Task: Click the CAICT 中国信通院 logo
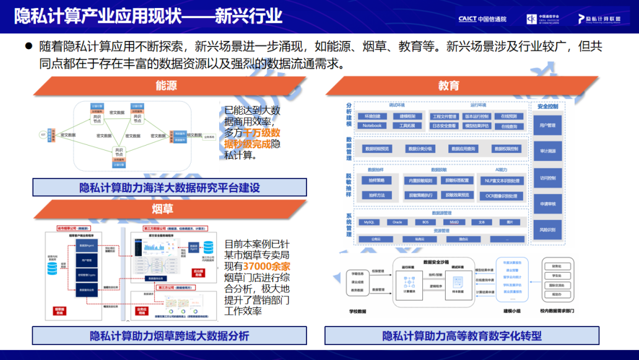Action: pos(482,19)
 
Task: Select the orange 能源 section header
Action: pos(165,86)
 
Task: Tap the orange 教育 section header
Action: pos(449,86)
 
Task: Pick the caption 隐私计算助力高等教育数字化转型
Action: pos(461,336)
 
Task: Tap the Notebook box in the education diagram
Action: pos(372,126)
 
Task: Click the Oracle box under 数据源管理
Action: pos(397,222)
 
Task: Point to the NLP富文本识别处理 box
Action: pos(502,180)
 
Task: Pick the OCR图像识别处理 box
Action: pos(502,195)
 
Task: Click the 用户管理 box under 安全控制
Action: pos(547,126)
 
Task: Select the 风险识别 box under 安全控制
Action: pos(547,229)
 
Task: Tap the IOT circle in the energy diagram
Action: pos(43,134)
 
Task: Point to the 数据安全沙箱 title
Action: pos(440,262)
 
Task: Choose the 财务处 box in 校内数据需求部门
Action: pos(557,267)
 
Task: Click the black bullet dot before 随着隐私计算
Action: pos(28,46)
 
